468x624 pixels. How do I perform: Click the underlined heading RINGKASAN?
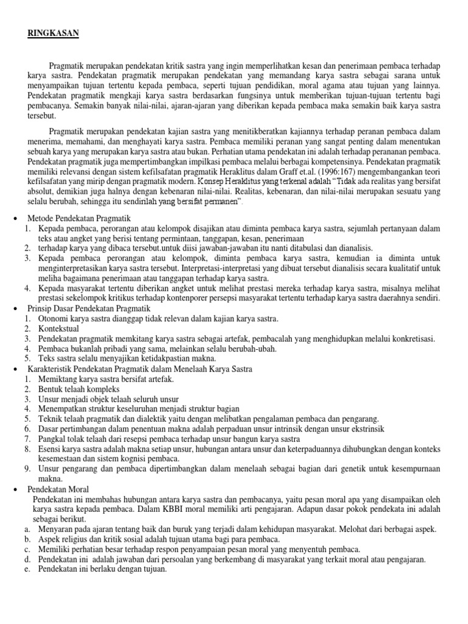pyautogui.click(x=53, y=34)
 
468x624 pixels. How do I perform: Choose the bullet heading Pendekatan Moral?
pyautogui.click(x=58, y=489)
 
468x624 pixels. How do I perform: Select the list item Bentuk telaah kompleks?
pyautogui.click(x=79, y=389)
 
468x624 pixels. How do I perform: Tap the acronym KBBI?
pyautogui.click(x=150, y=509)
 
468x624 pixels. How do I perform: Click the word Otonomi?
pyautogui.click(x=53, y=318)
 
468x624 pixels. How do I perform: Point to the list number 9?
pyautogui.click(x=27, y=469)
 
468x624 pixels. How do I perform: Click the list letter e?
pyautogui.click(x=27, y=569)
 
